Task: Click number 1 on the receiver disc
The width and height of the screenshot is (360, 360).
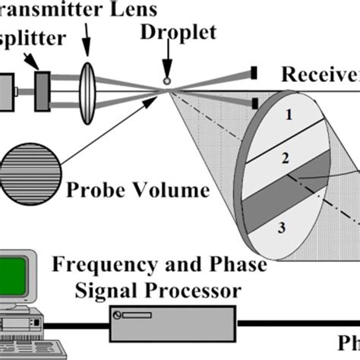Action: coord(288,116)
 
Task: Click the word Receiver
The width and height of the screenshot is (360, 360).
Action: coord(320,74)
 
